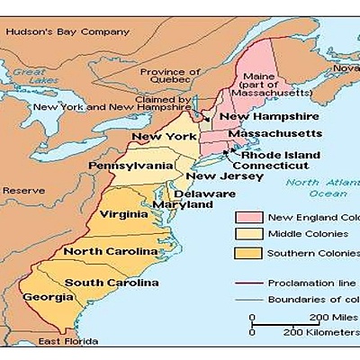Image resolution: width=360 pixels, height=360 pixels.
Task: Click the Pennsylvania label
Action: click(x=130, y=166)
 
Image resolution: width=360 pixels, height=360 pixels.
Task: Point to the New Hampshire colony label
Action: click(x=259, y=117)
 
